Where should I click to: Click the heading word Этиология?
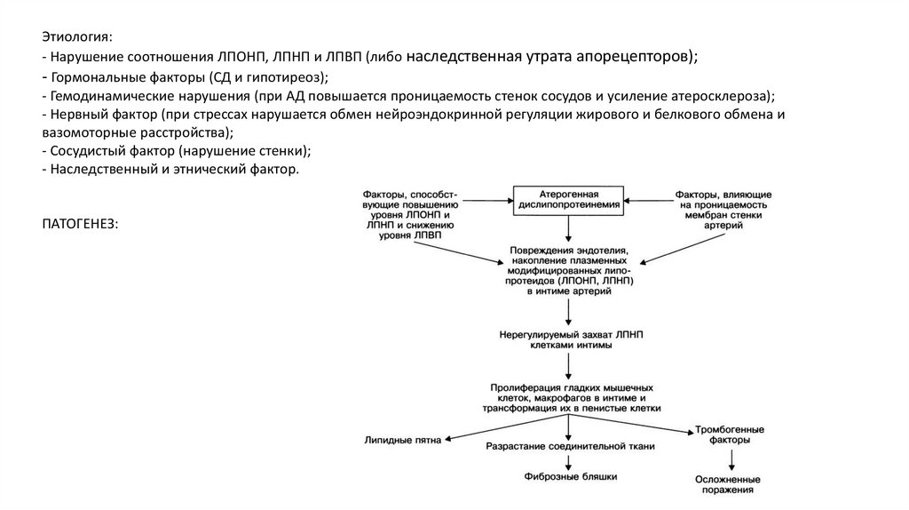76,37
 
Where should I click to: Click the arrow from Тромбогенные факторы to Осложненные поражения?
732,460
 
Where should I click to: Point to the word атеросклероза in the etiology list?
723,96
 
